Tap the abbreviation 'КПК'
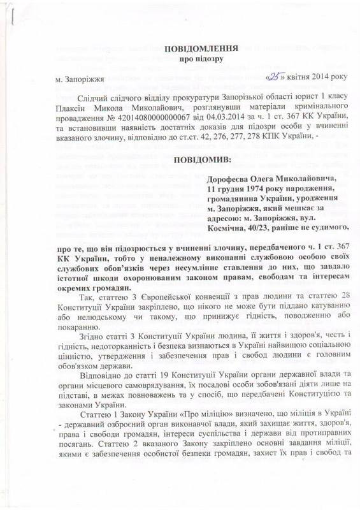284,143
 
